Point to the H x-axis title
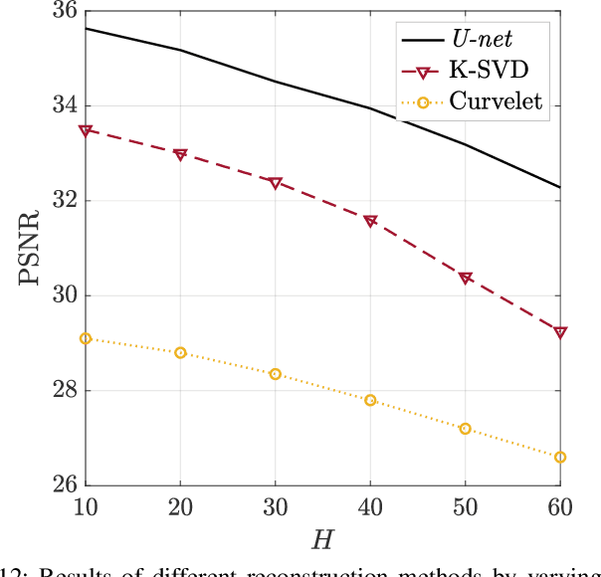[323, 539]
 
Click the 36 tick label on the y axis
[66, 12]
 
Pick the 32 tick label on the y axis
[66, 201]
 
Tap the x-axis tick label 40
[370, 507]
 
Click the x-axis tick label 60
[560, 507]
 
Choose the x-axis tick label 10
[86, 507]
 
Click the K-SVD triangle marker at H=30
[276, 183]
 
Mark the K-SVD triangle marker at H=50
[466, 278]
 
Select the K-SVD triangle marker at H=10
[86, 130]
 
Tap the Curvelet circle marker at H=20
[180, 352]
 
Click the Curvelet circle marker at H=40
[370, 400]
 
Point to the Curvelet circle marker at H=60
[560, 457]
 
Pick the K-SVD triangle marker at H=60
[560, 332]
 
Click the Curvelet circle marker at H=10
[86, 338]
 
